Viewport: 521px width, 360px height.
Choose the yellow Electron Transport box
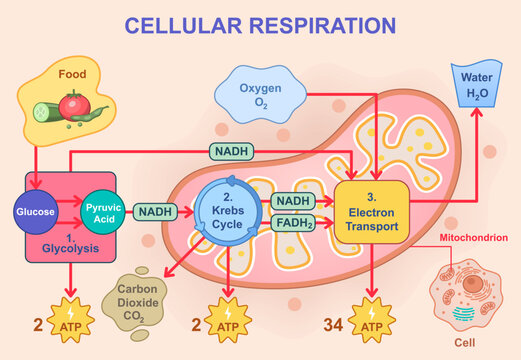point(373,212)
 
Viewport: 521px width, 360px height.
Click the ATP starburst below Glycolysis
point(72,325)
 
